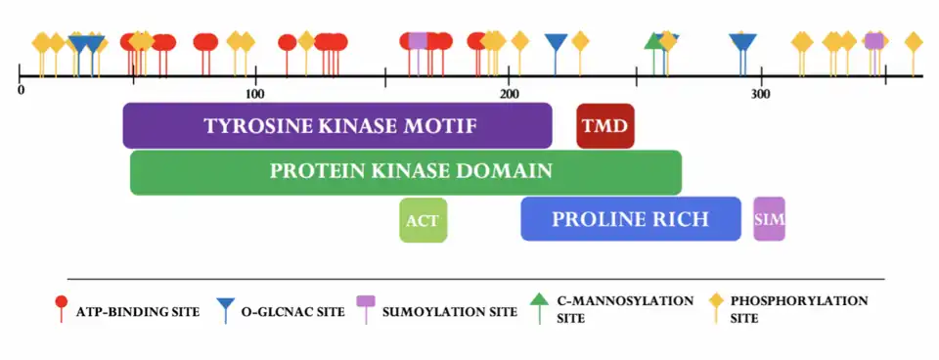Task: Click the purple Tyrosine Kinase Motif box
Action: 337,125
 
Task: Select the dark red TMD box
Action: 605,125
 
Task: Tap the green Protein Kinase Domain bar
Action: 406,171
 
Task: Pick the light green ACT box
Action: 423,219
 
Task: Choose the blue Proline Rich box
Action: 630,218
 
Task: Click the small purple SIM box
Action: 769,218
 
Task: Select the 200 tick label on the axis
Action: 509,94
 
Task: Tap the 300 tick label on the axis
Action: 760,94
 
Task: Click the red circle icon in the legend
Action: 61,303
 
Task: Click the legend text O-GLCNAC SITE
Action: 293,312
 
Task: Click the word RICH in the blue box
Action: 679,218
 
